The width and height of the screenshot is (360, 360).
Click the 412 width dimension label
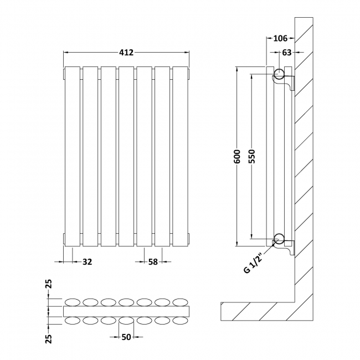126,53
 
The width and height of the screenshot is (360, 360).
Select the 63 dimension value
286,53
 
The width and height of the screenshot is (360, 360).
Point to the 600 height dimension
236,156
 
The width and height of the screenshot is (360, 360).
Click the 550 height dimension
251,157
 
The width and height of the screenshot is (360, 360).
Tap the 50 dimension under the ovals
126,337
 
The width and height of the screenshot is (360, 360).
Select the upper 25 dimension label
49,285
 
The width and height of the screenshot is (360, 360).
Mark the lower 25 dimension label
49,337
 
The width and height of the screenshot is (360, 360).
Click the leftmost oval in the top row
73,302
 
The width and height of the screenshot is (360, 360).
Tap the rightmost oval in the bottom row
180,320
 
